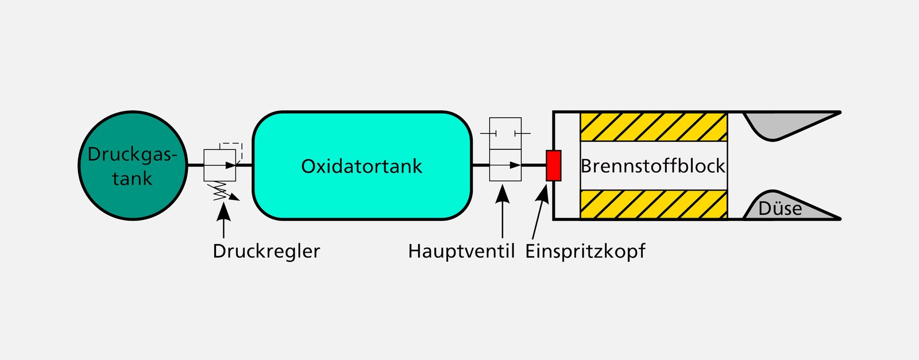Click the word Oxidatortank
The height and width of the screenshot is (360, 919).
point(361,167)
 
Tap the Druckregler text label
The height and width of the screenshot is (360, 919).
point(266,251)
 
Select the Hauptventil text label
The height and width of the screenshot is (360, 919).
point(461,251)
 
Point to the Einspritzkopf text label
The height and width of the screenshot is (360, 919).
point(585,251)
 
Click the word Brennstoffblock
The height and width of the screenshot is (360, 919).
point(653,167)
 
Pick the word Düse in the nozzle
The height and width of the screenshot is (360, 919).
point(780,208)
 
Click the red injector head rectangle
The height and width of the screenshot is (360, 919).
point(553,165)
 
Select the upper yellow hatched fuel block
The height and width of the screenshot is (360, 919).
point(654,127)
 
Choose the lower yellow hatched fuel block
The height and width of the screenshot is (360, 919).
point(654,204)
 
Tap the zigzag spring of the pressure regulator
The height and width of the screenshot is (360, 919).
point(220,191)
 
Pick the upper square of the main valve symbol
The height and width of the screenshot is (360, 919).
point(505,134)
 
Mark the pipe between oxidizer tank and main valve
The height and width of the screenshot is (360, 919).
point(480,165)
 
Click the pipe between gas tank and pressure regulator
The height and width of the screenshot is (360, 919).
point(195,165)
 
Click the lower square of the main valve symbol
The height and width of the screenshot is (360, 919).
point(505,165)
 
